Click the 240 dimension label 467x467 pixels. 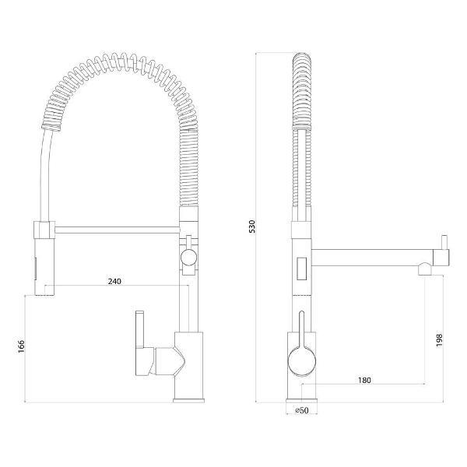pos(114,281)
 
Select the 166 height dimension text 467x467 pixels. pos(22,346)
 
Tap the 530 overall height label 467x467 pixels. pos(252,226)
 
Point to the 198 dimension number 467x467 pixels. pos(439,340)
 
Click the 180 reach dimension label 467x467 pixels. pos(364,381)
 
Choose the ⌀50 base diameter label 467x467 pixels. pos(301,410)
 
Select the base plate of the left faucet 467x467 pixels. pos(189,401)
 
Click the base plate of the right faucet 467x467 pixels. pos(301,401)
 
